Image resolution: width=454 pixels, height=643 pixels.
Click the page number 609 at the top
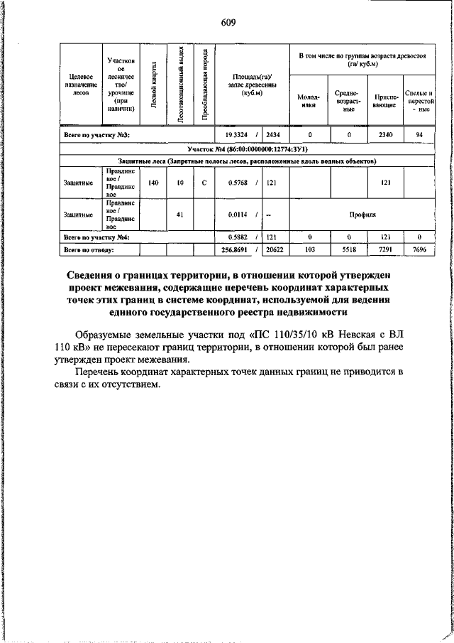(x=228, y=23)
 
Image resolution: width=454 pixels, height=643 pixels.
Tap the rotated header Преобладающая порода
(x=204, y=85)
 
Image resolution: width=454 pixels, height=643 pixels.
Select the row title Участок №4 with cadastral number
(x=247, y=150)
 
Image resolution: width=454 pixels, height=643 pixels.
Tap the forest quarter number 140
(x=154, y=183)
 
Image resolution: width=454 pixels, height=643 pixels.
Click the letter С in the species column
(x=204, y=183)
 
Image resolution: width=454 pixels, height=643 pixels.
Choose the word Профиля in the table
(x=362, y=214)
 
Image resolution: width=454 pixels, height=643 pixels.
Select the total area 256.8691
(x=236, y=249)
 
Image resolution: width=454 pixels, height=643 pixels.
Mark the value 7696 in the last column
(x=419, y=249)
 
